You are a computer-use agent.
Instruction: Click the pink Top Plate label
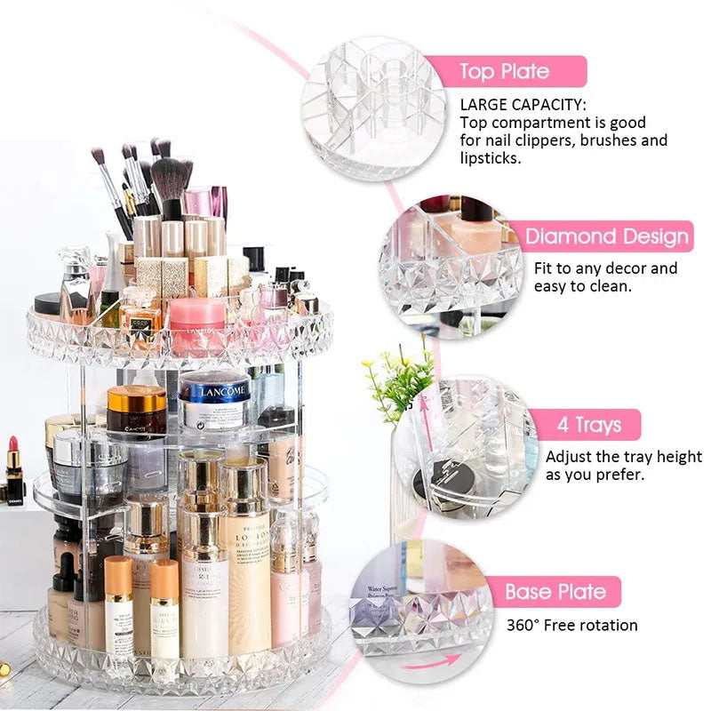click(503, 71)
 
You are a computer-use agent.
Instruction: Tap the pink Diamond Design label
click(606, 236)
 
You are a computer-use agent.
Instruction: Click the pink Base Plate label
click(555, 592)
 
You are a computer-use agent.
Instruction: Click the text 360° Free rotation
click(572, 625)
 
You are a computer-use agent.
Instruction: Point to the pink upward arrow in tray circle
click(425, 418)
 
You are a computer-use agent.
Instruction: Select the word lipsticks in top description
click(491, 157)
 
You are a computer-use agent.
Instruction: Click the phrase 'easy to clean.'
click(583, 286)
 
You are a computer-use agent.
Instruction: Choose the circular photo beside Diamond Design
click(449, 266)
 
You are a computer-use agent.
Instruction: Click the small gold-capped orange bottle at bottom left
click(119, 604)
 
